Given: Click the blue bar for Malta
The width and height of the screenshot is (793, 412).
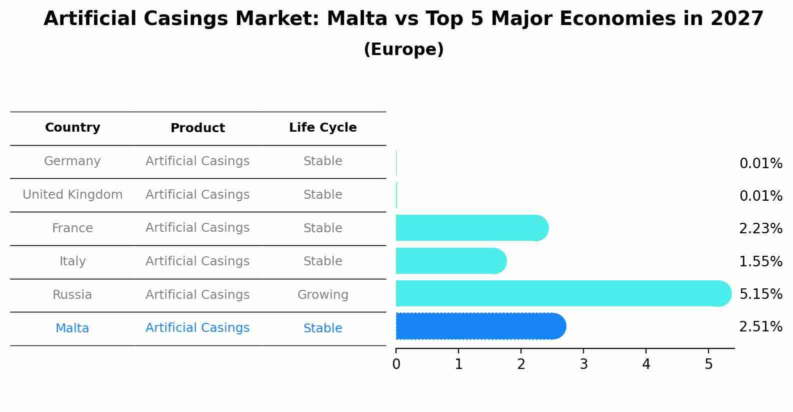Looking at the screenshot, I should click(480, 326).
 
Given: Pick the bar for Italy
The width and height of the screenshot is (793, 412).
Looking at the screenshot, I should click(450, 261).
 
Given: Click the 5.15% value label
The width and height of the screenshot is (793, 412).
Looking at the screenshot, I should click(760, 294).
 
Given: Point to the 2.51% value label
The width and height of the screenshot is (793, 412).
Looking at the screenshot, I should click(760, 327).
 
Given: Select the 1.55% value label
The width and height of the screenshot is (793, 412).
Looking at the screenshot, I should click(760, 261).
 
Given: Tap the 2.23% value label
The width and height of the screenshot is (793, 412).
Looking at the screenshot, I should click(760, 229).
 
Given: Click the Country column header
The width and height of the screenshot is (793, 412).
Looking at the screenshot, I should click(72, 128).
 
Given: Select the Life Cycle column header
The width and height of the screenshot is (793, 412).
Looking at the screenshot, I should click(322, 128).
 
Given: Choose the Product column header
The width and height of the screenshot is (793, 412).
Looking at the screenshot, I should click(197, 128).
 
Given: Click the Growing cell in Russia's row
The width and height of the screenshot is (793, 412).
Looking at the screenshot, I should click(322, 295).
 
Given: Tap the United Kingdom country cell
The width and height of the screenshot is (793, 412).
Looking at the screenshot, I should click(72, 195).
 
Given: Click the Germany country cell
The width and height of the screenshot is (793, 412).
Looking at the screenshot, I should click(72, 161).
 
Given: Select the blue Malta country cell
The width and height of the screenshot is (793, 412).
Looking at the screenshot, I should click(72, 328).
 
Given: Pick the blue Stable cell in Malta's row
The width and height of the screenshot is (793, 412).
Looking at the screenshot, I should click(322, 328).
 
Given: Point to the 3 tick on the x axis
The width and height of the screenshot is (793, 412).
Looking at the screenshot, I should click(583, 364).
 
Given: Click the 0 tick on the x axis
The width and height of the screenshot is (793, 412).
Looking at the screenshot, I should click(396, 364).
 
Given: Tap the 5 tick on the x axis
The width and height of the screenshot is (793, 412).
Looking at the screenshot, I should click(708, 364).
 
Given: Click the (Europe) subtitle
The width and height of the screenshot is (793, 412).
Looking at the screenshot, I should click(403, 50).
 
